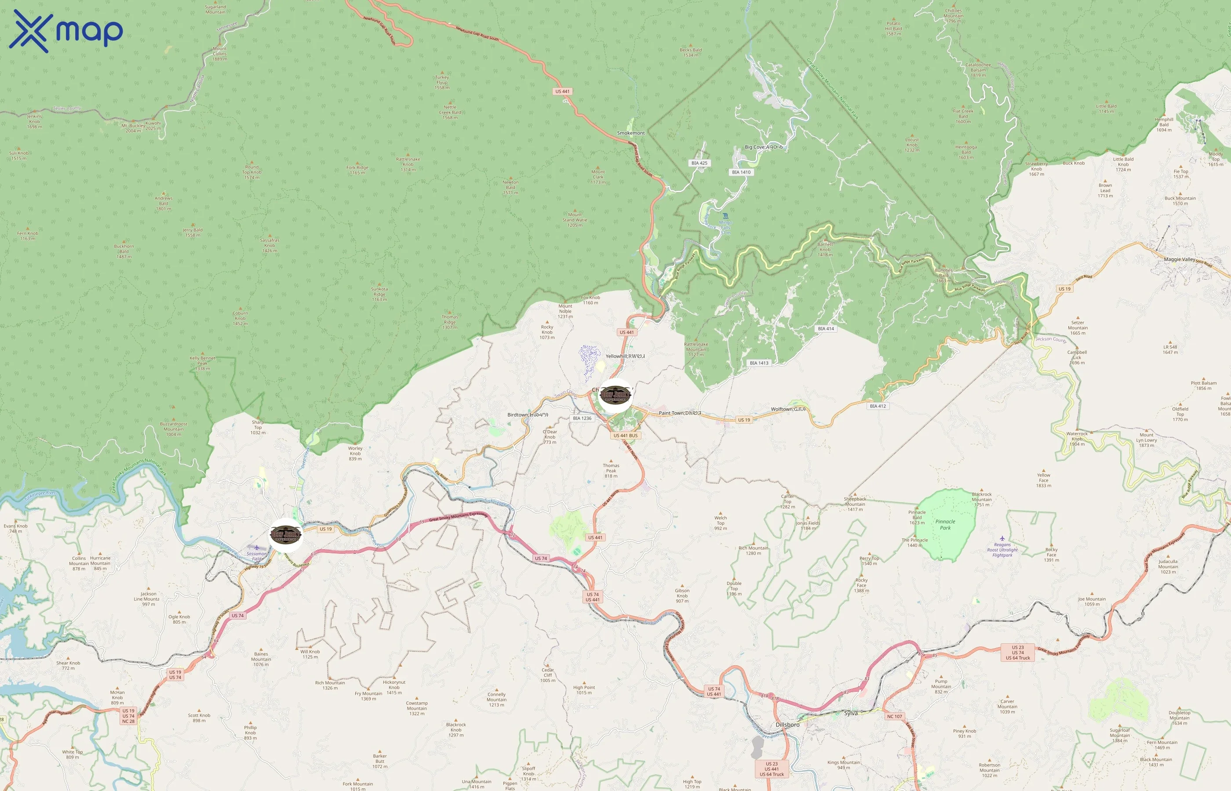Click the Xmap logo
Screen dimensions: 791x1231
[66, 31]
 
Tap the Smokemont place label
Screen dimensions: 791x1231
[630, 133]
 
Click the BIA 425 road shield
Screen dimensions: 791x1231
[699, 163]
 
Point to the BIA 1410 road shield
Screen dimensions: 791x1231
[741, 172]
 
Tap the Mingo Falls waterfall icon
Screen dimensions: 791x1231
[725, 216]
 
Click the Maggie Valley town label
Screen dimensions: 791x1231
[1179, 259]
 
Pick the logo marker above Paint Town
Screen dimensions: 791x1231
[615, 395]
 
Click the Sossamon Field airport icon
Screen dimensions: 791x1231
[257, 548]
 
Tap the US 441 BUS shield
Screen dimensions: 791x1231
[625, 435]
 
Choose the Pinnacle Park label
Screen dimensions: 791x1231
[945, 524]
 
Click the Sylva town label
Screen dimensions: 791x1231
[851, 713]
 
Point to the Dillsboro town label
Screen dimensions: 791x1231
[787, 724]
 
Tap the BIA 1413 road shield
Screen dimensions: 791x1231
[759, 363]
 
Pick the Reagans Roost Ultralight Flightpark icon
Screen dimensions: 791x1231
[1002, 538]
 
